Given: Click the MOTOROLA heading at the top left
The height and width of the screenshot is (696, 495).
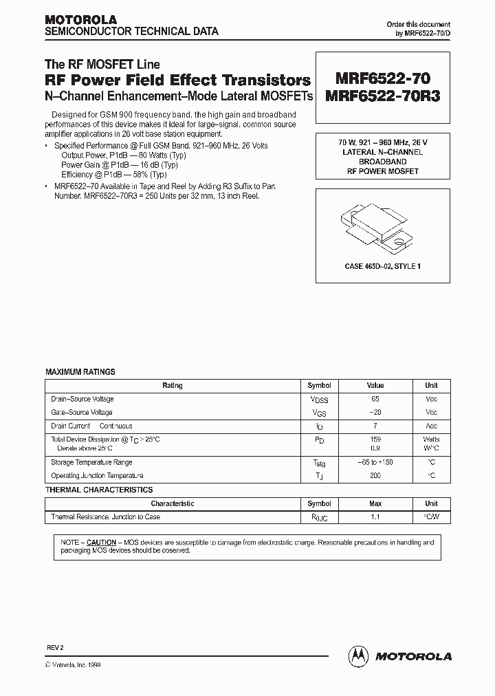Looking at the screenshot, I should pyautogui.click(x=80, y=19).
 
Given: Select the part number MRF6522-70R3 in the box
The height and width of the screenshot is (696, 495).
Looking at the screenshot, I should pyautogui.click(x=378, y=96).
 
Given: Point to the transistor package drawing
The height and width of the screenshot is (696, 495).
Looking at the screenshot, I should pyautogui.click(x=377, y=226).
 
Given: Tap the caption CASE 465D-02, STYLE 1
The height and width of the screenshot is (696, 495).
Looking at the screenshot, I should pyautogui.click(x=377, y=265).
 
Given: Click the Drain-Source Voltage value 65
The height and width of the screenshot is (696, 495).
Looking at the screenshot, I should pyautogui.click(x=374, y=399).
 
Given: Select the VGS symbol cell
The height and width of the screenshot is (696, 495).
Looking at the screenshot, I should pyautogui.click(x=319, y=413).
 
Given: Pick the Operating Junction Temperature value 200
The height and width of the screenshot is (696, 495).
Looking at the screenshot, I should pyautogui.click(x=374, y=476).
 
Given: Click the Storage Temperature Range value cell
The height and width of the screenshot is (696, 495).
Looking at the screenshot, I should pyautogui.click(x=374, y=463).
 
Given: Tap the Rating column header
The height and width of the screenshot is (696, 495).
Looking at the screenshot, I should pyautogui.click(x=172, y=386).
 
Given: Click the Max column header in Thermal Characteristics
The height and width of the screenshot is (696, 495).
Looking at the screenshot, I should pyautogui.click(x=374, y=503).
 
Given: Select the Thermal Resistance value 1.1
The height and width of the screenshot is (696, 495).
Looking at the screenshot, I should pyautogui.click(x=374, y=516).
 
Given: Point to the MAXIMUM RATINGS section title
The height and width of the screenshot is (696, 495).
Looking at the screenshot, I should pyautogui.click(x=80, y=371).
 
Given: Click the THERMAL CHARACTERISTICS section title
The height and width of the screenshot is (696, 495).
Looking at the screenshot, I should pyautogui.click(x=99, y=490).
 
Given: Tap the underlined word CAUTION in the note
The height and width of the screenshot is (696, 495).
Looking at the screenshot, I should pyautogui.click(x=100, y=543).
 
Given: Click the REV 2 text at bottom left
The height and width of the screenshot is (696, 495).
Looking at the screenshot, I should pyautogui.click(x=54, y=648).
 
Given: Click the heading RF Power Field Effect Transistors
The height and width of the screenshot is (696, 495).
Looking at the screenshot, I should pyautogui.click(x=177, y=80).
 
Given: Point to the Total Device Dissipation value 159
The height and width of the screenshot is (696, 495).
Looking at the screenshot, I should pyautogui.click(x=374, y=439).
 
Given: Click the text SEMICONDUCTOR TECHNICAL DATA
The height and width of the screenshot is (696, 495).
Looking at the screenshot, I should pyautogui.click(x=131, y=32).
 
